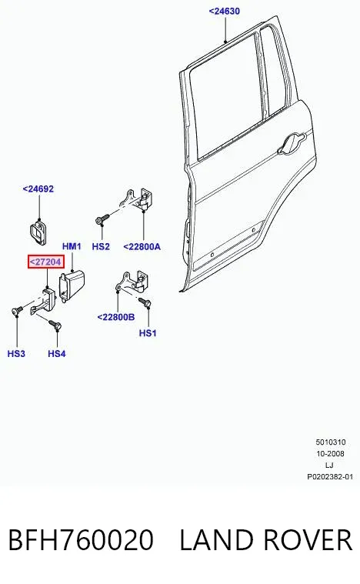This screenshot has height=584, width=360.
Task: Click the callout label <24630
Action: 224,12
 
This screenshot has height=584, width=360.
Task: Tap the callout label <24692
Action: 38,189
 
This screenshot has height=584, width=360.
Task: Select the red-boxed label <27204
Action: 46,262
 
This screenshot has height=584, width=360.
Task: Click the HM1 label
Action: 72,246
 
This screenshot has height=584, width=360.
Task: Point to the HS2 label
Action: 101,246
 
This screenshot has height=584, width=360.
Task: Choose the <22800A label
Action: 142,246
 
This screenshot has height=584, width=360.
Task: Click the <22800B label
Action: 116,317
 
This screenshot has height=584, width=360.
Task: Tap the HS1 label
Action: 148,333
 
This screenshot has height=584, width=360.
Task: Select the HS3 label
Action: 16,353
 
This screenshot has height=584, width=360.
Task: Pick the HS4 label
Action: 57,353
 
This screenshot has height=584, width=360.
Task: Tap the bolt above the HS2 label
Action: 102,219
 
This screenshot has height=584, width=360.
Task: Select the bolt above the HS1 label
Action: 145,302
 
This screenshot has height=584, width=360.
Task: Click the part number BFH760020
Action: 81,540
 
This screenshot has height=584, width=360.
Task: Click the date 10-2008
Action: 330,454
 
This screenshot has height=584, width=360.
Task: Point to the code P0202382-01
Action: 330,477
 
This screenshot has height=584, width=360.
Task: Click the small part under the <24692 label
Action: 38,232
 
